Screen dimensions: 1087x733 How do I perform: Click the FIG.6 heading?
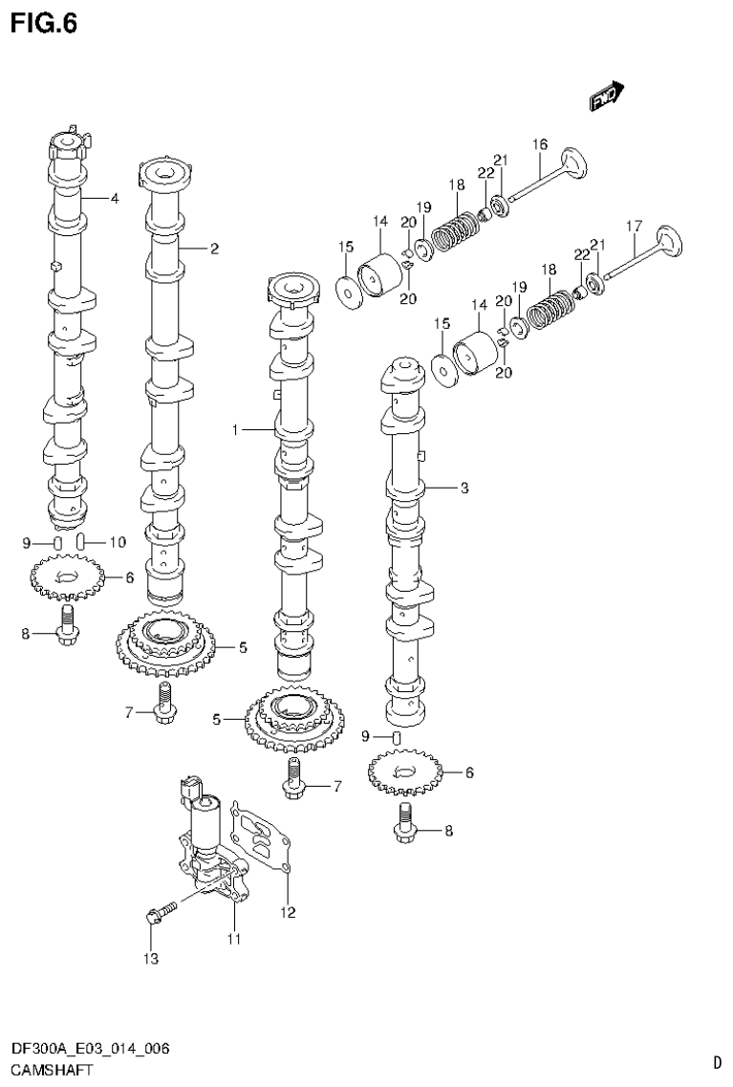[x=42, y=23]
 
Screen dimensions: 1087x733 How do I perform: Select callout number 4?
[x=114, y=199]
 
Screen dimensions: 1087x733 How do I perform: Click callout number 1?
[x=234, y=431]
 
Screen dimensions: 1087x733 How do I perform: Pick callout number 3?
[x=464, y=489]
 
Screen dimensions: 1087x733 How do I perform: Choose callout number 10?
[x=117, y=542]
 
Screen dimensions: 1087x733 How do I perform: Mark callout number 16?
[x=540, y=144]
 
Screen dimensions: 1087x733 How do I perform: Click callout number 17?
[x=633, y=227]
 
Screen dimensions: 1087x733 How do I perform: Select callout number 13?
[x=150, y=957]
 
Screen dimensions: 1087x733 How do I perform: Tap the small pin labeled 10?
[x=82, y=542]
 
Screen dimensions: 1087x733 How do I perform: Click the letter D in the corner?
[x=716, y=1061]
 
